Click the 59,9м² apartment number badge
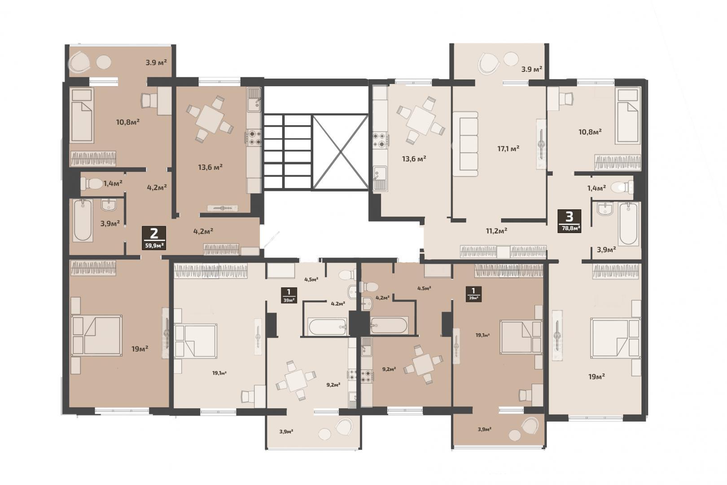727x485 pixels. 154,238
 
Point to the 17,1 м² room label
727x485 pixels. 508,149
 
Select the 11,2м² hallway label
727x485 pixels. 497,231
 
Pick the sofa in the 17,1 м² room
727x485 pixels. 465,144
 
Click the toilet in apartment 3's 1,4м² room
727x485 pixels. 622,187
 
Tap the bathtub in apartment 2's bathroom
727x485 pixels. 83,220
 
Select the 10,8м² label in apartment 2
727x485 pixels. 128,122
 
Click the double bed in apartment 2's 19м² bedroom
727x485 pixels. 96,335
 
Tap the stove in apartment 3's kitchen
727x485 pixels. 380,140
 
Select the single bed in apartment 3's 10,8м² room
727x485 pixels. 628,116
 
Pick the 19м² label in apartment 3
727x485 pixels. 596,377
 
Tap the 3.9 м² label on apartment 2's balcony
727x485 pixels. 156,62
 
